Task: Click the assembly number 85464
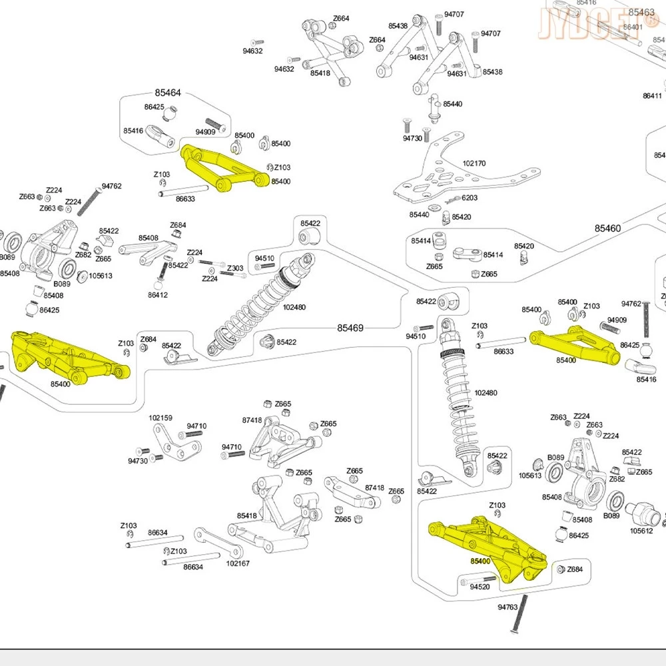[168, 94]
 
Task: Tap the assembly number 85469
[350, 328]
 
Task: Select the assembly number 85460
[607, 228]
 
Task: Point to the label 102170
[474, 163]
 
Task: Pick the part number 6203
[470, 198]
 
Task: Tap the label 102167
[238, 563]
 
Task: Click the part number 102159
[161, 418]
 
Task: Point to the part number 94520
[480, 587]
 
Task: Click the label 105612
[641, 531]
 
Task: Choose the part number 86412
[158, 295]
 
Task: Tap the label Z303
[235, 268]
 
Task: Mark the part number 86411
[652, 96]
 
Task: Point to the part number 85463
[641, 13]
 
